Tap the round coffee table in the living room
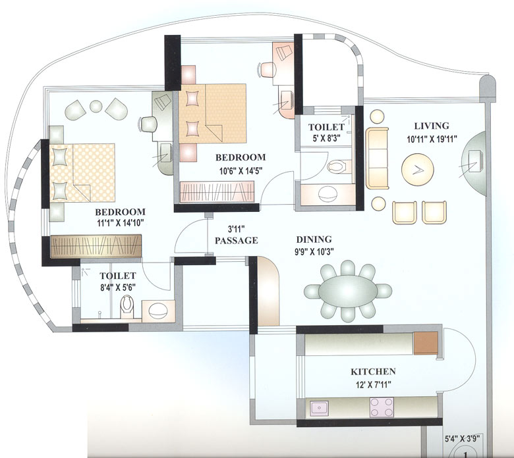click(417, 169)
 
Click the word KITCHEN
click(373, 371)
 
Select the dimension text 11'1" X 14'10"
click(120, 224)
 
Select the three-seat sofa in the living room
click(378, 158)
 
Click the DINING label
click(314, 240)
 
